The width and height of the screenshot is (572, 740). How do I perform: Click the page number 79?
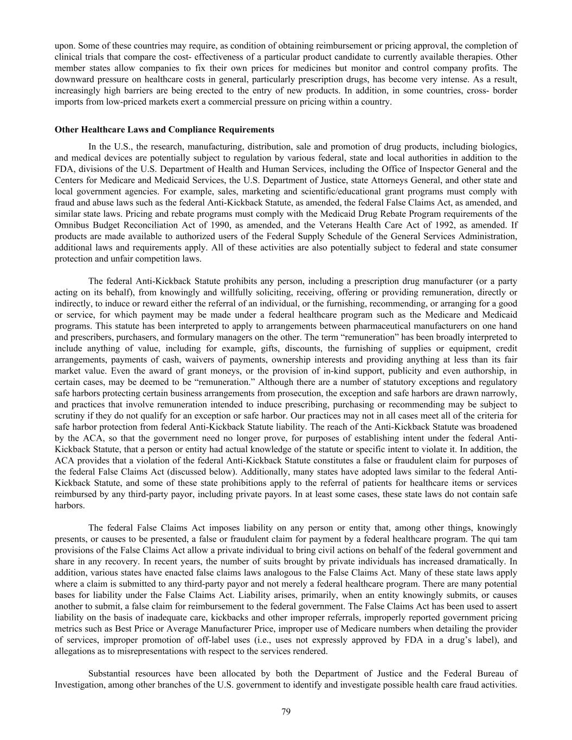(286, 712)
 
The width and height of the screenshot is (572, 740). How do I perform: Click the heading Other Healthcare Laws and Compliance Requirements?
(164, 130)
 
